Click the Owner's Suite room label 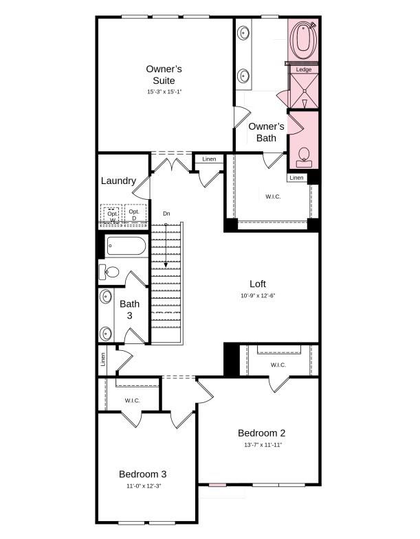coord(164,75)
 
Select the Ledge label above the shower coord(304,69)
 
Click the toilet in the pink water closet coord(304,157)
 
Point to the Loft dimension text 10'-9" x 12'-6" coord(258,296)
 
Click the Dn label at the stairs coord(166,214)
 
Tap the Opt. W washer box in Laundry coord(112,215)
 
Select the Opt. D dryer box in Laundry coord(135,214)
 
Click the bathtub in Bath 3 coord(126,246)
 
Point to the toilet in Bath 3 coord(109,273)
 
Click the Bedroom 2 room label coord(262,433)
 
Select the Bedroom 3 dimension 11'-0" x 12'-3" coord(144,486)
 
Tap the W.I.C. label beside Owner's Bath coord(273,196)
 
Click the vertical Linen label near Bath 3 coord(103,360)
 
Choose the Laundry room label coord(118,181)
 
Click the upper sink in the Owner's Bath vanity coord(244,34)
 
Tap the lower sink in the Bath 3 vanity coord(106,334)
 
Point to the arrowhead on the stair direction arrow coord(166,264)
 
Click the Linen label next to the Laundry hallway coord(209,159)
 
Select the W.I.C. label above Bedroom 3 coord(133,400)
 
